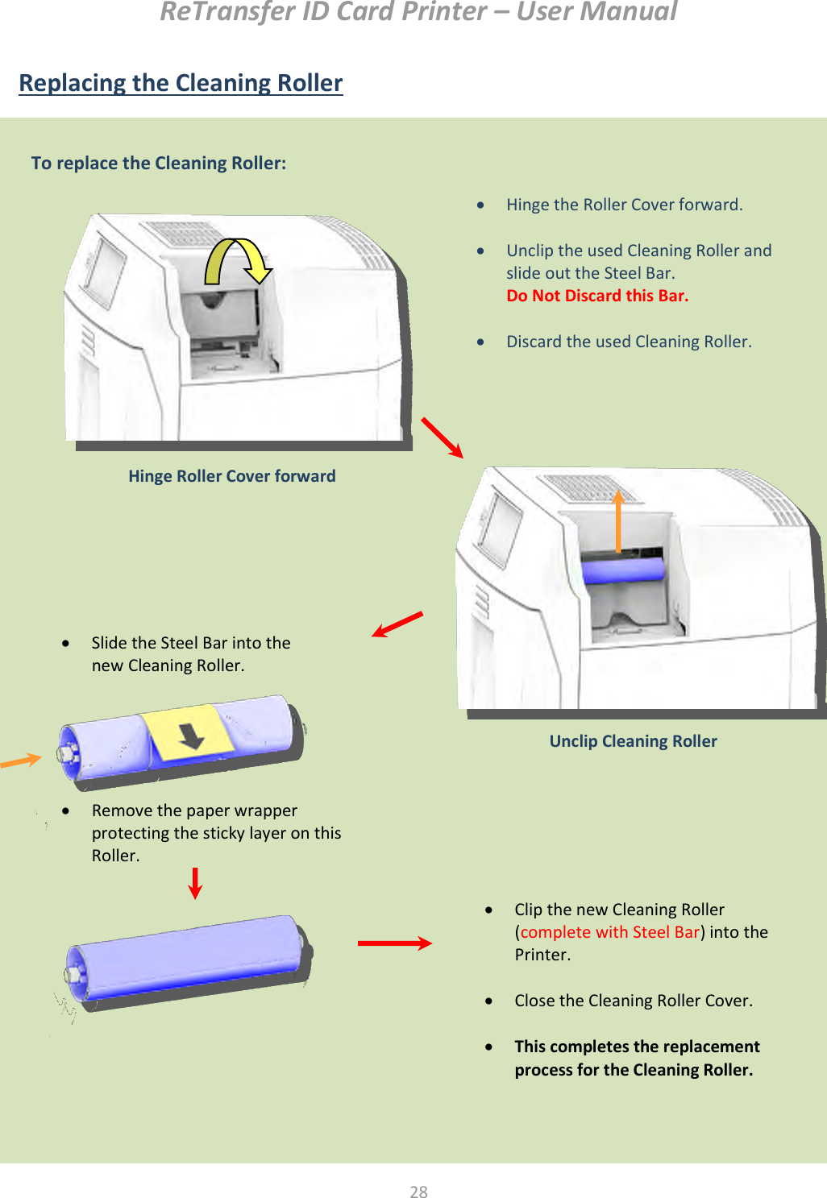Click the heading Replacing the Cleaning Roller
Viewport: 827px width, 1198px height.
[x=181, y=83]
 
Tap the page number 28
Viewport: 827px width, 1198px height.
[x=418, y=1192]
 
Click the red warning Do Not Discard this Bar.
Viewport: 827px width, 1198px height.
[x=597, y=296]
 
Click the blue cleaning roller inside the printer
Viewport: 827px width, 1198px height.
[x=622, y=570]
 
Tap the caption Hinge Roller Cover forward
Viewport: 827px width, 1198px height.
[x=232, y=476]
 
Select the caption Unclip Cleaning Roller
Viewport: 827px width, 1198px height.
[x=633, y=741]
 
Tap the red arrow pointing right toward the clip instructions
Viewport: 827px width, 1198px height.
[x=394, y=943]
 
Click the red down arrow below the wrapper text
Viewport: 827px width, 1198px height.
[x=195, y=883]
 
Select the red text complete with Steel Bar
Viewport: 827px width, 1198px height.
[x=609, y=932]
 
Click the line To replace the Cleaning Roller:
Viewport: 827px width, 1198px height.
[x=159, y=164]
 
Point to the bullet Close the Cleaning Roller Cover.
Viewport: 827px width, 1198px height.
[x=633, y=1001]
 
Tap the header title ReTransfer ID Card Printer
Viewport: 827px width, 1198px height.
[x=418, y=12]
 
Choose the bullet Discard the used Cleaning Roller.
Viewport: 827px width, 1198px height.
[x=629, y=342]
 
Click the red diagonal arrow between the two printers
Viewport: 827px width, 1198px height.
[x=442, y=437]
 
